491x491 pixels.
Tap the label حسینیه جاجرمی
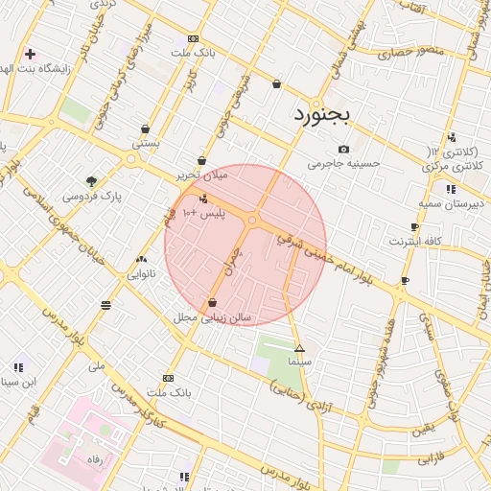click(343, 164)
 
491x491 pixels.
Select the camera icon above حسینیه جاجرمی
click(343, 149)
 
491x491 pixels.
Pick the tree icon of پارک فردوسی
click(91, 181)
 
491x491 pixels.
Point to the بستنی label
click(145, 143)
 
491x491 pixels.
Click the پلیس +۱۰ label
click(201, 214)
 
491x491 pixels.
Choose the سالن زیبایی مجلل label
click(212, 316)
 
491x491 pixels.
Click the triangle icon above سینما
click(299, 348)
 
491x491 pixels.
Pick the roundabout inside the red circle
click(252, 222)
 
